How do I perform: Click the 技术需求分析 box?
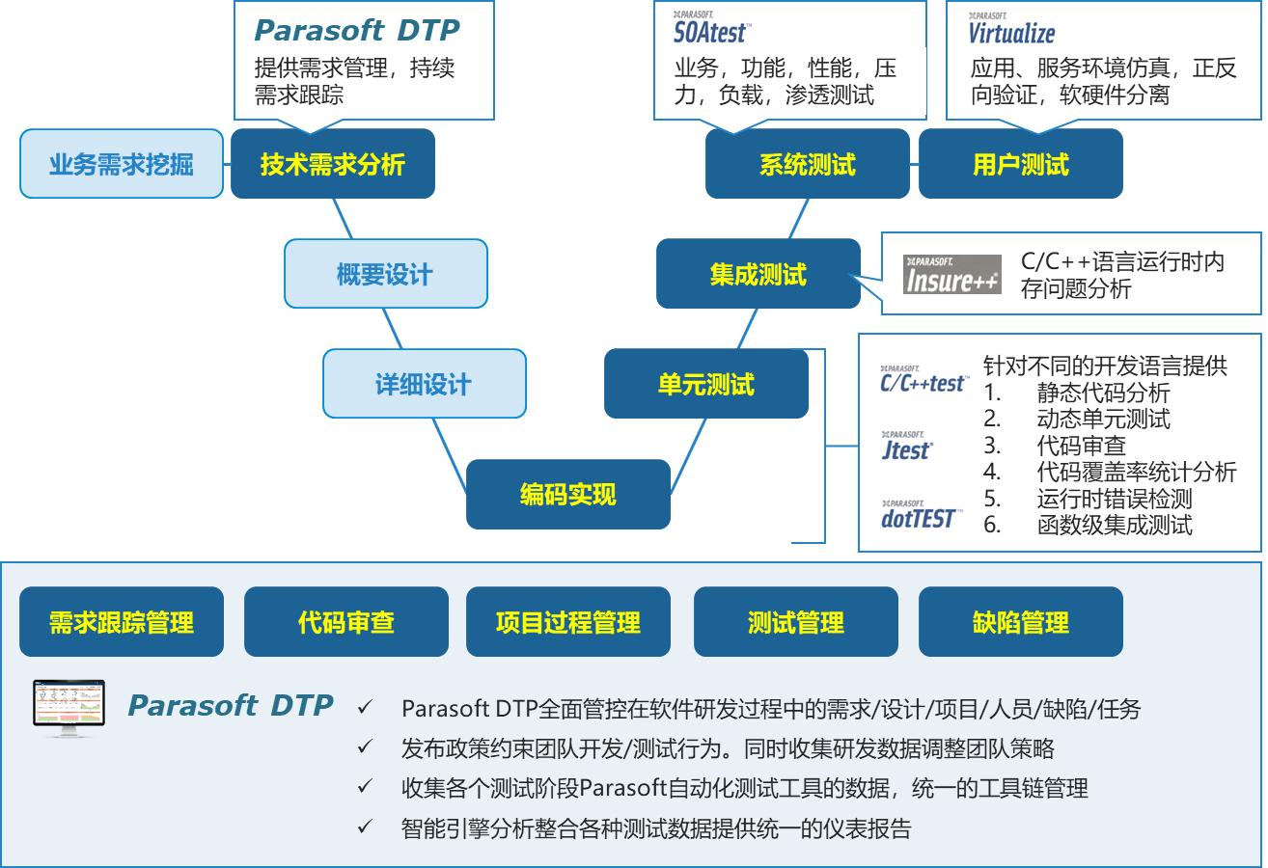332,164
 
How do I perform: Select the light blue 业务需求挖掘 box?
122,164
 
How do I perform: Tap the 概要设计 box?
385,275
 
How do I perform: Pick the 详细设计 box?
424,384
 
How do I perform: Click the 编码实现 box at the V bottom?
567,495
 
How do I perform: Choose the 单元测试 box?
705,384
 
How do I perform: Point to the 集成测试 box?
758,275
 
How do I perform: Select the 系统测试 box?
807,164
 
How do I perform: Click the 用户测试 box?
1020,164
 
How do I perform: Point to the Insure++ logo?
952,275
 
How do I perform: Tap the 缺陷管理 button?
1020,622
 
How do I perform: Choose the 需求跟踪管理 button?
122,622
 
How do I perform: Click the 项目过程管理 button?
567,622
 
